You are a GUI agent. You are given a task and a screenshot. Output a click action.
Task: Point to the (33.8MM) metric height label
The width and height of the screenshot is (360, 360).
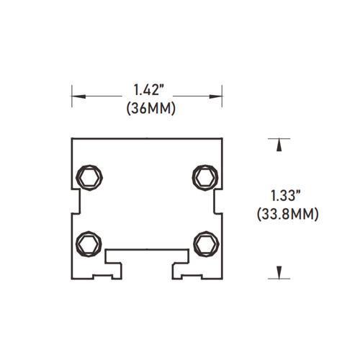[x=287, y=214]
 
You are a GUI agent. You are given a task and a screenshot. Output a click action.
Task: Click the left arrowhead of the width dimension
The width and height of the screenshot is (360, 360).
[x=76, y=94]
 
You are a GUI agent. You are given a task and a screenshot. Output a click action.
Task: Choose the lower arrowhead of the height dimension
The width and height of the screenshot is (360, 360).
[x=276, y=271]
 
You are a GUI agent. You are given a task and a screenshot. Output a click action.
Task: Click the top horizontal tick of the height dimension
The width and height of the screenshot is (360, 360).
[x=276, y=137]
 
